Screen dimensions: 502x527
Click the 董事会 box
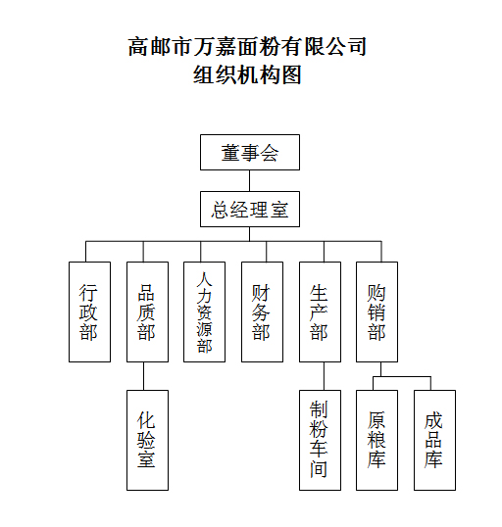point(250,152)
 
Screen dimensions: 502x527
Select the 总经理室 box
point(250,209)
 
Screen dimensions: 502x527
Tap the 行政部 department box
point(89,311)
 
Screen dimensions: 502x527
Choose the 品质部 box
point(147,311)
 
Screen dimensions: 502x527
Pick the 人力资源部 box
point(204,311)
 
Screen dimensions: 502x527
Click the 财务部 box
point(262,311)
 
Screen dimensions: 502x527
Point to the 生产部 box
point(320,311)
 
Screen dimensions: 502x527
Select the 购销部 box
point(376,311)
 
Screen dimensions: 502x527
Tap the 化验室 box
point(147,440)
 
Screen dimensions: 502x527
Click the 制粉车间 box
point(320,440)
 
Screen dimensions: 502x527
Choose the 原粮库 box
point(376,440)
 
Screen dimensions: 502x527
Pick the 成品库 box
point(434,440)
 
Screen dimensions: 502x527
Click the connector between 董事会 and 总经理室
point(249,181)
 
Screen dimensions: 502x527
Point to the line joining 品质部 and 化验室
point(144,376)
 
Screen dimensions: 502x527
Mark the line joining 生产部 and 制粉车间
point(324,376)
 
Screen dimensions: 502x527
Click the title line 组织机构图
point(247,74)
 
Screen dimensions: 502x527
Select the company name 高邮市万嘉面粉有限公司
point(247,46)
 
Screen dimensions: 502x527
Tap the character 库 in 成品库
point(433,458)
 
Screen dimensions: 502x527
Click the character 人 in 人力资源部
point(205,279)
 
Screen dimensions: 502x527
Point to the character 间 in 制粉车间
point(319,469)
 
